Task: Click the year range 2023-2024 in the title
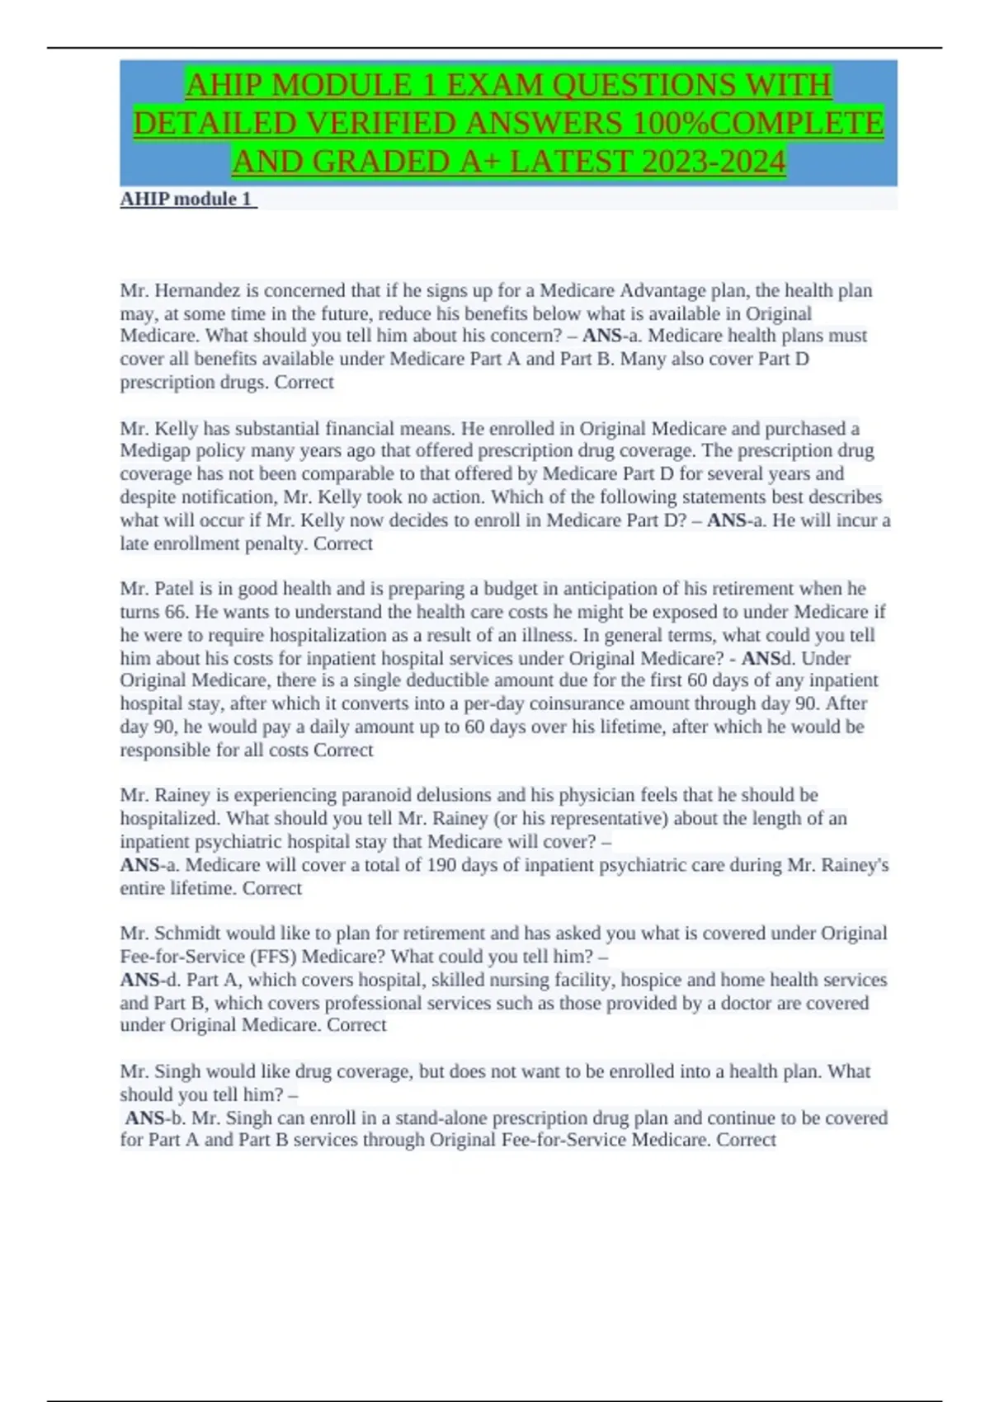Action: tap(714, 162)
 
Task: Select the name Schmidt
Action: tap(188, 933)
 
